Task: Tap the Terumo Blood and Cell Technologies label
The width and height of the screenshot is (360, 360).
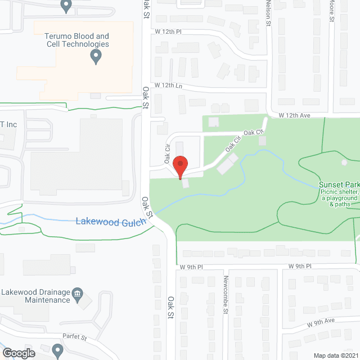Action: point(76,40)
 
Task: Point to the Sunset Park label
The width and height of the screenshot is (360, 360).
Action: point(339,184)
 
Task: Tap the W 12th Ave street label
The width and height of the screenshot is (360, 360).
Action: point(295,115)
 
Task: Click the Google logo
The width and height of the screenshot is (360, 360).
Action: point(18,353)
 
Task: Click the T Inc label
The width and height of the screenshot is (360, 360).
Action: point(9,125)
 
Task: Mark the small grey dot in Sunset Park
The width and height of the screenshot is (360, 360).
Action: point(344,163)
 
